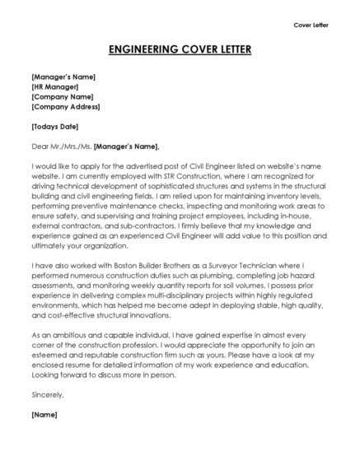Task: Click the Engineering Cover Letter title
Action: coord(180,49)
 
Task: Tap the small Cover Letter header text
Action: coord(311,26)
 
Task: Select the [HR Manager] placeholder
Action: coord(54,86)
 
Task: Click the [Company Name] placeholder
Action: coord(62,96)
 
